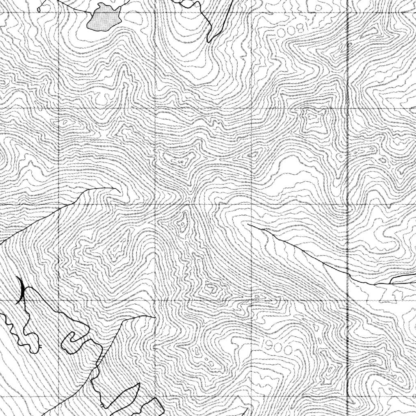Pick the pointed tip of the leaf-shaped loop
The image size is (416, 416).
(x=139, y=384)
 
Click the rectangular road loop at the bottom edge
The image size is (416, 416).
(x=154, y=406)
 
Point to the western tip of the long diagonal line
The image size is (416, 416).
(x=248, y=224)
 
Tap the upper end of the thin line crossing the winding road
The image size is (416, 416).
(x=155, y=316)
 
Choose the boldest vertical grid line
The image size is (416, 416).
(x=348, y=203)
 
